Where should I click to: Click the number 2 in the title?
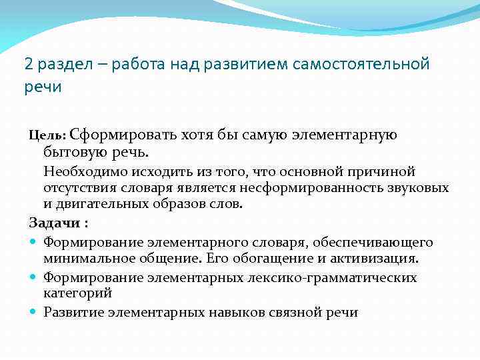(x=28, y=65)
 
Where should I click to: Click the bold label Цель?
(x=47, y=136)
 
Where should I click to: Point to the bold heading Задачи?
(x=55, y=221)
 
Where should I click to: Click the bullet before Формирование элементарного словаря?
(x=33, y=242)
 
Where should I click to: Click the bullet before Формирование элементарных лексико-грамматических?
(x=33, y=277)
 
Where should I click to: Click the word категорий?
(x=77, y=293)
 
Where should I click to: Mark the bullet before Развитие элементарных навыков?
(x=33, y=312)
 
